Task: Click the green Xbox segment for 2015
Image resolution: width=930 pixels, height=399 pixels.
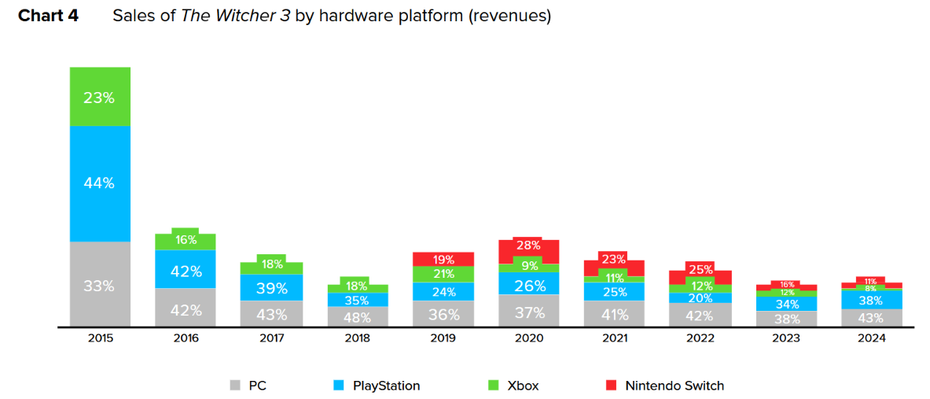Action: (x=100, y=97)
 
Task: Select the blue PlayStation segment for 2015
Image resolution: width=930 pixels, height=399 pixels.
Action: (x=100, y=183)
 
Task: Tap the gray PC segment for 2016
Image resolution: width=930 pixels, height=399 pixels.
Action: (x=186, y=308)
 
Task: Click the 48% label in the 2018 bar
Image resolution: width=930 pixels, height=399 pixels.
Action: (x=358, y=316)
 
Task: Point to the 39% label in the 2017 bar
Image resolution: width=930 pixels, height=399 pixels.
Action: (x=271, y=289)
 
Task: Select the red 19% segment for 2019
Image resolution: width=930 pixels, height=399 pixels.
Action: (x=443, y=259)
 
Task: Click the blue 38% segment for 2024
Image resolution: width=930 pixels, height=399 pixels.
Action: (x=872, y=300)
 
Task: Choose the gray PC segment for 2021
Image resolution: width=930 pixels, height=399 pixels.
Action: (x=614, y=314)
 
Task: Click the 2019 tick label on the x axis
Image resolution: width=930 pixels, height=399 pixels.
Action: (x=443, y=338)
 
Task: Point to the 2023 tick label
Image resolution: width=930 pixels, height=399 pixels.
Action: (x=786, y=338)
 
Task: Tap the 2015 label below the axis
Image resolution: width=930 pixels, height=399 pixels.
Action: (x=101, y=338)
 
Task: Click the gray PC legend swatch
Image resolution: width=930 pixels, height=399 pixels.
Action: (x=234, y=386)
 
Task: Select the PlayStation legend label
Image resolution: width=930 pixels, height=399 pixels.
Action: (x=386, y=386)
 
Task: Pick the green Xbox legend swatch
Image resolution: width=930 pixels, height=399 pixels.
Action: (x=494, y=386)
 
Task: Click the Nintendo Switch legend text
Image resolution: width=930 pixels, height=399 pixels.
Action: (x=675, y=386)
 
